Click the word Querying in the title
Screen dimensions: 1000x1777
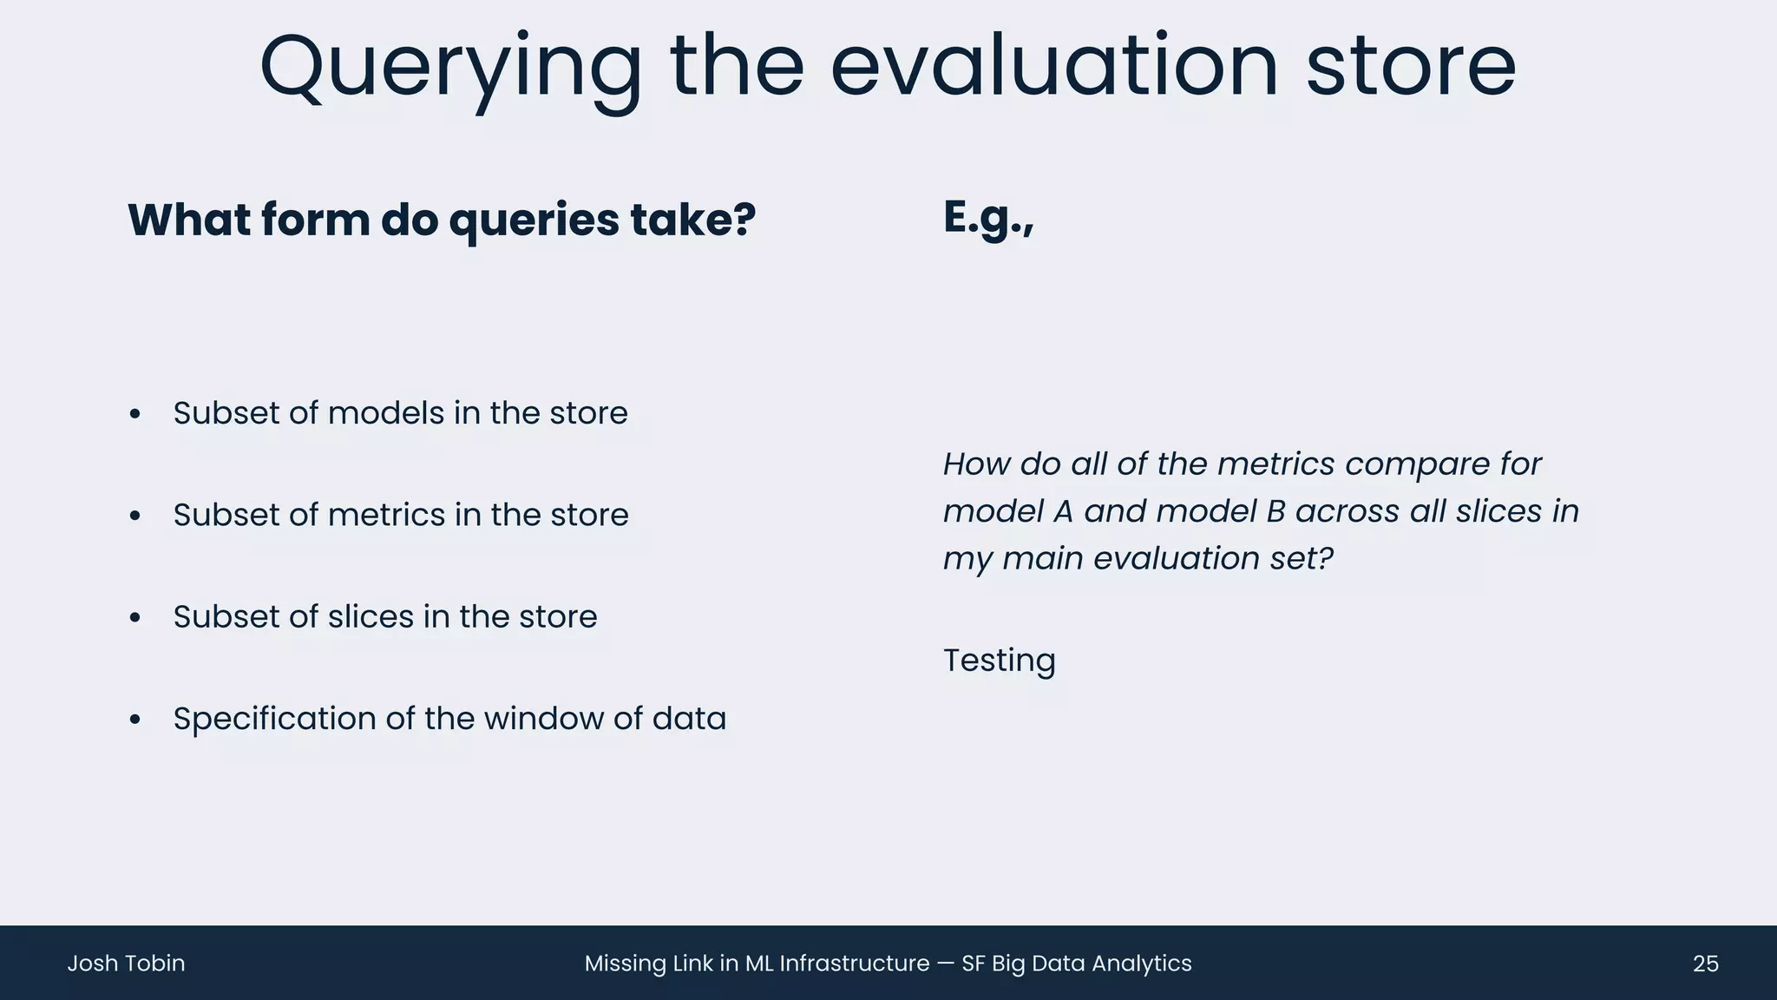pos(450,68)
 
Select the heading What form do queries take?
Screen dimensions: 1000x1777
pos(442,220)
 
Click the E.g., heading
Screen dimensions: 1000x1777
pos(988,217)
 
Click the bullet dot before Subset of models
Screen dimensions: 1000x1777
pos(134,414)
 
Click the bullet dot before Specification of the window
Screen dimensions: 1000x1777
pos(134,720)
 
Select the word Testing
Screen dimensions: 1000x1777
pos(999,661)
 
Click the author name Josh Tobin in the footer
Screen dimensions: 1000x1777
pos(126,964)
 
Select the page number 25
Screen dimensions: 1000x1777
pos(1705,964)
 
